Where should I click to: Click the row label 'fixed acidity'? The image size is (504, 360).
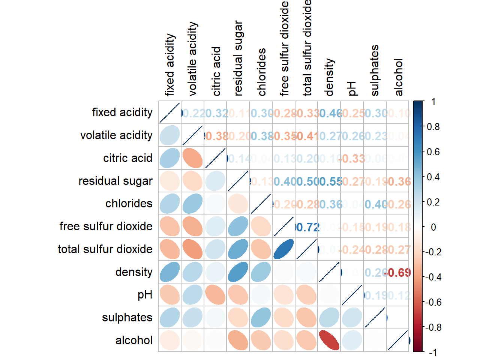[x=122, y=112]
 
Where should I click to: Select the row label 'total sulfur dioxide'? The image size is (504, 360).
[x=105, y=249]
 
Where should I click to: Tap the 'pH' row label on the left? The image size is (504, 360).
[x=145, y=295]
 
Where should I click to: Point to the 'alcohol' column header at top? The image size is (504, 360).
[x=399, y=77]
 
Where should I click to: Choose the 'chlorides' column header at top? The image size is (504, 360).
[x=262, y=72]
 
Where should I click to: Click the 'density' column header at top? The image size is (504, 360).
[x=329, y=77]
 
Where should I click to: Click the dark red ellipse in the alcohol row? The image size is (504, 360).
[x=329, y=340]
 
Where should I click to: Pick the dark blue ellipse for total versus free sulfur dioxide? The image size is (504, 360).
[x=283, y=249]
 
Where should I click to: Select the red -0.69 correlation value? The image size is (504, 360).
[x=398, y=273]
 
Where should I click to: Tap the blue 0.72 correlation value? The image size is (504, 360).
[x=307, y=227]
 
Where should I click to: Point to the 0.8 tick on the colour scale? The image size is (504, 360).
[x=433, y=127]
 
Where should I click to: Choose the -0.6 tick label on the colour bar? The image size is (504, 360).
[x=433, y=302]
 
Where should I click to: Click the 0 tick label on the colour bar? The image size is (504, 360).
[x=433, y=227]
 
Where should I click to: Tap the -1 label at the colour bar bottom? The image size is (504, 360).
[x=433, y=352]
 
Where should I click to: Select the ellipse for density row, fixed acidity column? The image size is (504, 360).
[x=170, y=272]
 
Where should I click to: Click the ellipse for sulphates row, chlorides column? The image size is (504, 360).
[x=261, y=318]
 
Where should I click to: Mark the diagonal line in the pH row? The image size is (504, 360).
[x=352, y=295]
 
